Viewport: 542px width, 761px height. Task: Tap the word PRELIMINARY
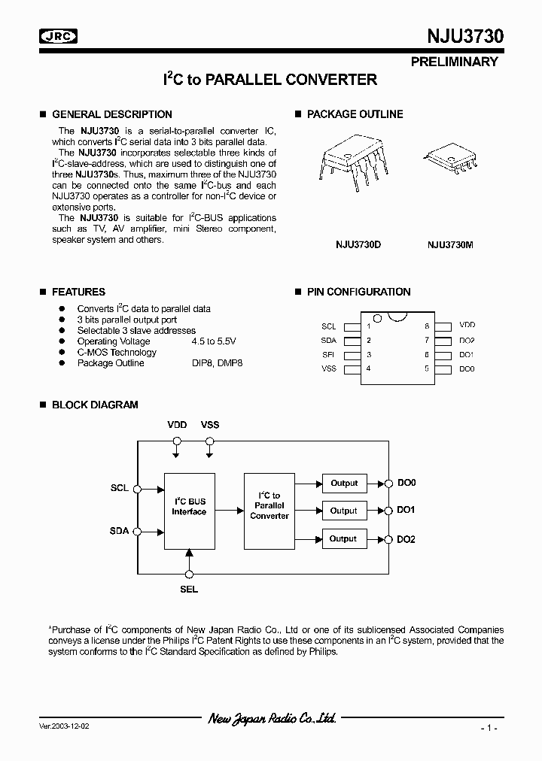pos(454,62)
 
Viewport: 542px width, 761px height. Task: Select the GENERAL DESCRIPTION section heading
pos(111,114)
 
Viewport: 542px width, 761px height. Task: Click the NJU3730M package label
pos(450,244)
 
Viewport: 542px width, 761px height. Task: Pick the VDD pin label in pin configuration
pos(467,326)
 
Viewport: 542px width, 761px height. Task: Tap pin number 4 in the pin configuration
pos(369,368)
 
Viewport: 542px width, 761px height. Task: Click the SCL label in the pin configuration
pos(328,326)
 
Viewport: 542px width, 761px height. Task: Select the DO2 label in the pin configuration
pos(467,340)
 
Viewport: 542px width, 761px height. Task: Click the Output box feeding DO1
pos(344,511)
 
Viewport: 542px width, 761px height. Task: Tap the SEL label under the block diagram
pos(189,589)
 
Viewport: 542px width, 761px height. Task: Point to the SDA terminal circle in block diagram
pos(137,532)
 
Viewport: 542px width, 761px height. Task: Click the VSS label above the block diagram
pos(210,425)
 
